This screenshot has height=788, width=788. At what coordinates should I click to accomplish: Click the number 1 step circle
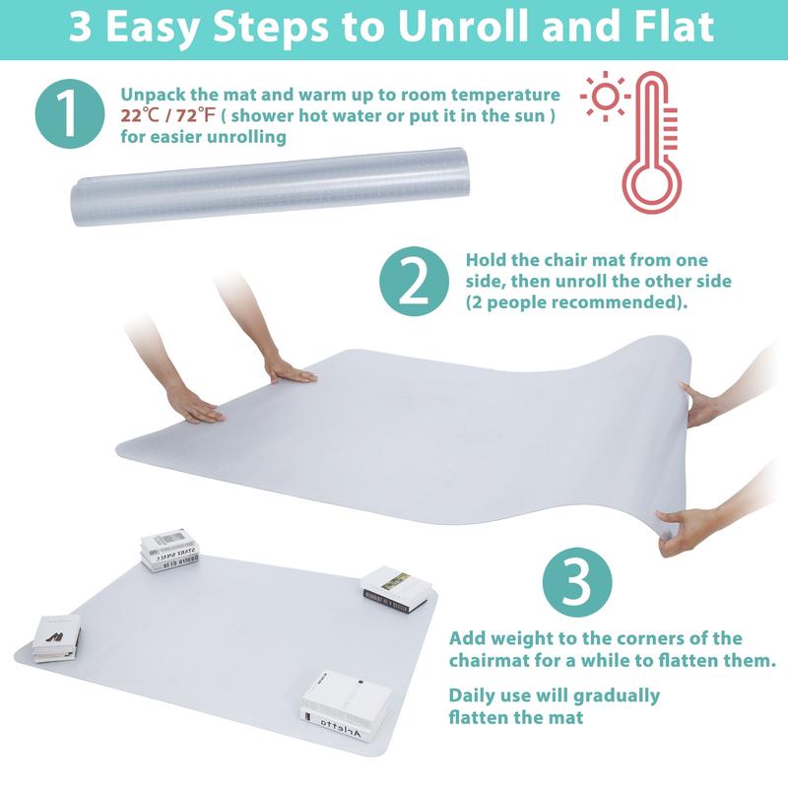(70, 113)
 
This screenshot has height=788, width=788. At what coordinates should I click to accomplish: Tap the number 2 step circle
(414, 282)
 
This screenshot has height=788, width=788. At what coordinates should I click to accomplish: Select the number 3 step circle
(577, 582)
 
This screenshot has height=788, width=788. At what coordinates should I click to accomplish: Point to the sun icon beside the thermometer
(605, 96)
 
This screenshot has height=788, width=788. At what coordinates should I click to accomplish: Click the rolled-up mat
(270, 186)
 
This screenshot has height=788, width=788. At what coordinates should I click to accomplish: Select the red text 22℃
(140, 115)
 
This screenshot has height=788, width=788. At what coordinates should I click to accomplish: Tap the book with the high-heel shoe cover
(57, 637)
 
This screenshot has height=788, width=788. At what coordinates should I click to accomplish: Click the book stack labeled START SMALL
(169, 551)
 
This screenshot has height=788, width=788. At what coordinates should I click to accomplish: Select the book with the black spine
(397, 589)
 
